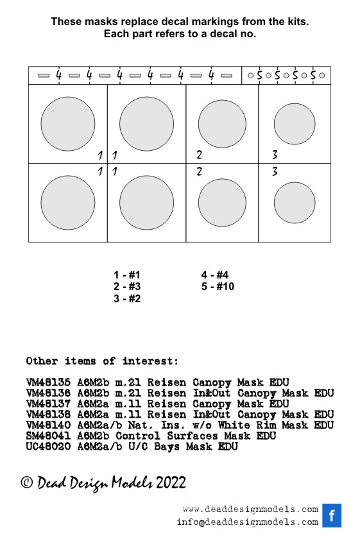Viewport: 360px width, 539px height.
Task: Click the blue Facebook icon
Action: tap(332, 515)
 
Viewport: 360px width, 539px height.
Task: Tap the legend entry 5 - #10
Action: tap(218, 286)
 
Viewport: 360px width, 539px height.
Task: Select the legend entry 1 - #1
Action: tap(127, 275)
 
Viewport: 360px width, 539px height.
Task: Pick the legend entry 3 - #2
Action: tap(127, 298)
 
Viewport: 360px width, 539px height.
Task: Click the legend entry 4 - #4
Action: tap(215, 275)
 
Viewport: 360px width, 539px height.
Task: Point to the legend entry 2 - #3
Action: tap(127, 286)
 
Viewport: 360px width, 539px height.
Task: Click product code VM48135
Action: tap(48, 382)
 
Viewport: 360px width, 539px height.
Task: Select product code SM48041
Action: tap(48, 436)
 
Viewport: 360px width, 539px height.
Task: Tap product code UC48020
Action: tap(48, 446)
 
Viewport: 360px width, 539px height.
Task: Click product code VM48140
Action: tap(48, 425)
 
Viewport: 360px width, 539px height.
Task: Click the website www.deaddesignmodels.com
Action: tap(250, 509)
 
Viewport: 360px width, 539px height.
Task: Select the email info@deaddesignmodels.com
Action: tap(248, 522)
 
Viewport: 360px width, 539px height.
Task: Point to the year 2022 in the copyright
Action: tap(171, 483)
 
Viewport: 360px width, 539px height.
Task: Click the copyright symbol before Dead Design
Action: tap(27, 482)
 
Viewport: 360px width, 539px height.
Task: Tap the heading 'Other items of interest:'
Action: tap(102, 361)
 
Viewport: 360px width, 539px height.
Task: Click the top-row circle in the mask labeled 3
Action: tap(295, 124)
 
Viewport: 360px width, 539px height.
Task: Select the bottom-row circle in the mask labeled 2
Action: tap(222, 203)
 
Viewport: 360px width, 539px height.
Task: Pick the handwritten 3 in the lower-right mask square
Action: tap(275, 171)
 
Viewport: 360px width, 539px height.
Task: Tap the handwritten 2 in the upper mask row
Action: tap(200, 155)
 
